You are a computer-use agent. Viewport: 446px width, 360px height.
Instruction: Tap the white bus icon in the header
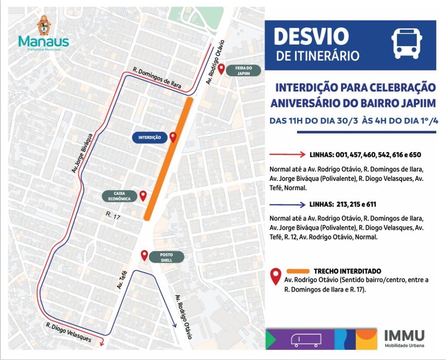pos(406,44)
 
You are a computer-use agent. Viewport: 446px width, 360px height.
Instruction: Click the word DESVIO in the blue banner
pos(311,37)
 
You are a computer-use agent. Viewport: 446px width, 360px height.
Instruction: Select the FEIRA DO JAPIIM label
pos(244,71)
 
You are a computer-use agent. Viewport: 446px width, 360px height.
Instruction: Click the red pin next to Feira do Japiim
pos(221,69)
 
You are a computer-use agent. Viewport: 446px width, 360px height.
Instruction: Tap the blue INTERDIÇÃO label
pos(149,138)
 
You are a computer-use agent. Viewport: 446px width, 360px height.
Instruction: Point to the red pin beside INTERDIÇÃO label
pos(173,137)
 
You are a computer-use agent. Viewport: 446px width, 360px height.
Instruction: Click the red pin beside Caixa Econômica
pos(143,196)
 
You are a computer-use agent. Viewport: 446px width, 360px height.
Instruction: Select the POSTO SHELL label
pos(166,257)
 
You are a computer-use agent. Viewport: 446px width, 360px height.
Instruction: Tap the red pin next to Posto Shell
pos(145,255)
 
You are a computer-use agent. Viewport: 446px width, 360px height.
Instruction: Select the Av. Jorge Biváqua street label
pos(83,153)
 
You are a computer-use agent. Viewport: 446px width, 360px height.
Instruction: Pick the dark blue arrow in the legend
pos(287,204)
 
